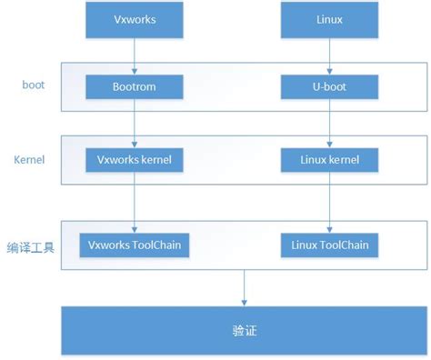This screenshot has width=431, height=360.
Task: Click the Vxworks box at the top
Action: click(135, 19)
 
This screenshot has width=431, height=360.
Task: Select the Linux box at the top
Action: click(330, 19)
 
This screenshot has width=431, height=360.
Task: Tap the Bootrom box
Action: click(135, 86)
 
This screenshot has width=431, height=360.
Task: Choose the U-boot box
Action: click(330, 86)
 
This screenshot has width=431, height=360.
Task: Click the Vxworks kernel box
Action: click(135, 160)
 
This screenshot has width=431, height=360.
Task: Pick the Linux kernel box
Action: click(330, 160)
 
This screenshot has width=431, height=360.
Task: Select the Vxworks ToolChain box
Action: click(135, 245)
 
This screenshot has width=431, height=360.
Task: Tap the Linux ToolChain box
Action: click(330, 245)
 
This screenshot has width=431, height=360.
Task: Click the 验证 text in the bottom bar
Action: click(243, 330)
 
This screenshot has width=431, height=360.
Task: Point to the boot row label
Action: click(33, 85)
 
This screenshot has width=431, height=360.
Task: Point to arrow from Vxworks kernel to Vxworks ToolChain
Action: click(135, 202)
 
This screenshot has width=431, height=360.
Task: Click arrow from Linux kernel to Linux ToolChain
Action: click(330, 202)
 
